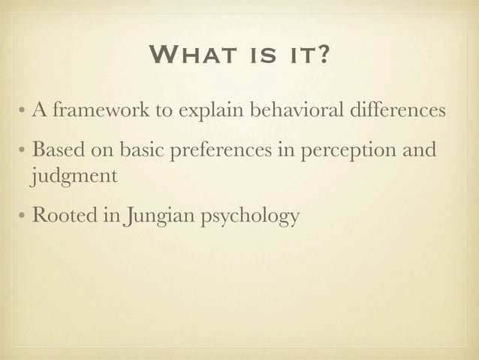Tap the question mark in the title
coord(319,56)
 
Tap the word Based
coord(55,151)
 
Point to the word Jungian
coord(160,217)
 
